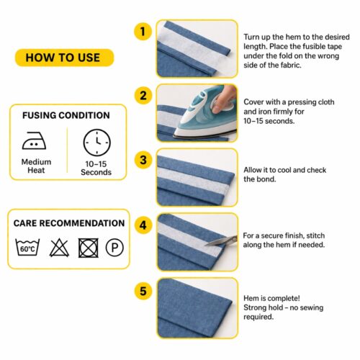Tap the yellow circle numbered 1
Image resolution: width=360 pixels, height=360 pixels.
143,31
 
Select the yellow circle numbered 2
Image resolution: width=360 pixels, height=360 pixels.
143,94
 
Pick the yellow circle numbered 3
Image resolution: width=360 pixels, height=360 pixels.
143,159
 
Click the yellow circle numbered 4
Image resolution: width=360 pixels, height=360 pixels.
143,225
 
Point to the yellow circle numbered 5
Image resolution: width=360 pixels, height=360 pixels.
143,290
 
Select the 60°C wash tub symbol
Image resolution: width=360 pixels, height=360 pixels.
27,248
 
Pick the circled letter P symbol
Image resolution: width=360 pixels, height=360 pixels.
113,248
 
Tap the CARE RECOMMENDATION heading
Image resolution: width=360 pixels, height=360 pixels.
69,223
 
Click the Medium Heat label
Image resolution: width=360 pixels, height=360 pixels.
36,167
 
